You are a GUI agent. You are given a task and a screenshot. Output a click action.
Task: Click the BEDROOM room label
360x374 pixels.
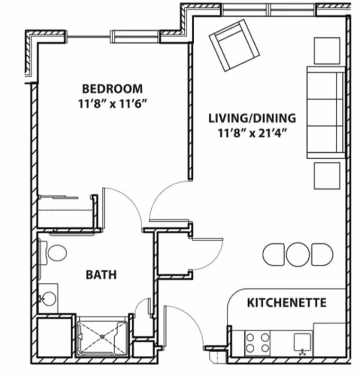click(112, 88)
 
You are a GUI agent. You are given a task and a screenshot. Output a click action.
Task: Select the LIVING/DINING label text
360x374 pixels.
click(251, 118)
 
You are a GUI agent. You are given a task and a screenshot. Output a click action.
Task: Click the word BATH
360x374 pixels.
click(101, 275)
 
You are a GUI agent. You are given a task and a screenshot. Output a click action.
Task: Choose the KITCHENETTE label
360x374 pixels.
click(286, 303)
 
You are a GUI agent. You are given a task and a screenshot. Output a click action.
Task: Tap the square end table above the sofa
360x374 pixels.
click(327, 50)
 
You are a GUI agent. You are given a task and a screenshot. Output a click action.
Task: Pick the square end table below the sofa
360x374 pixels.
click(327, 176)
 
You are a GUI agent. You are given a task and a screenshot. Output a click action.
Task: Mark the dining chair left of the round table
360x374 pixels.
click(273, 255)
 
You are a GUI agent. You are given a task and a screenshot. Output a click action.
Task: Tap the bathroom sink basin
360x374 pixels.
click(49, 297)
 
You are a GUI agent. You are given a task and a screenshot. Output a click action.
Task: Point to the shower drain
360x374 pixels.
click(102, 336)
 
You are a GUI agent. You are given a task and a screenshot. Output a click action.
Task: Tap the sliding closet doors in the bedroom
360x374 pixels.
click(58, 197)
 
